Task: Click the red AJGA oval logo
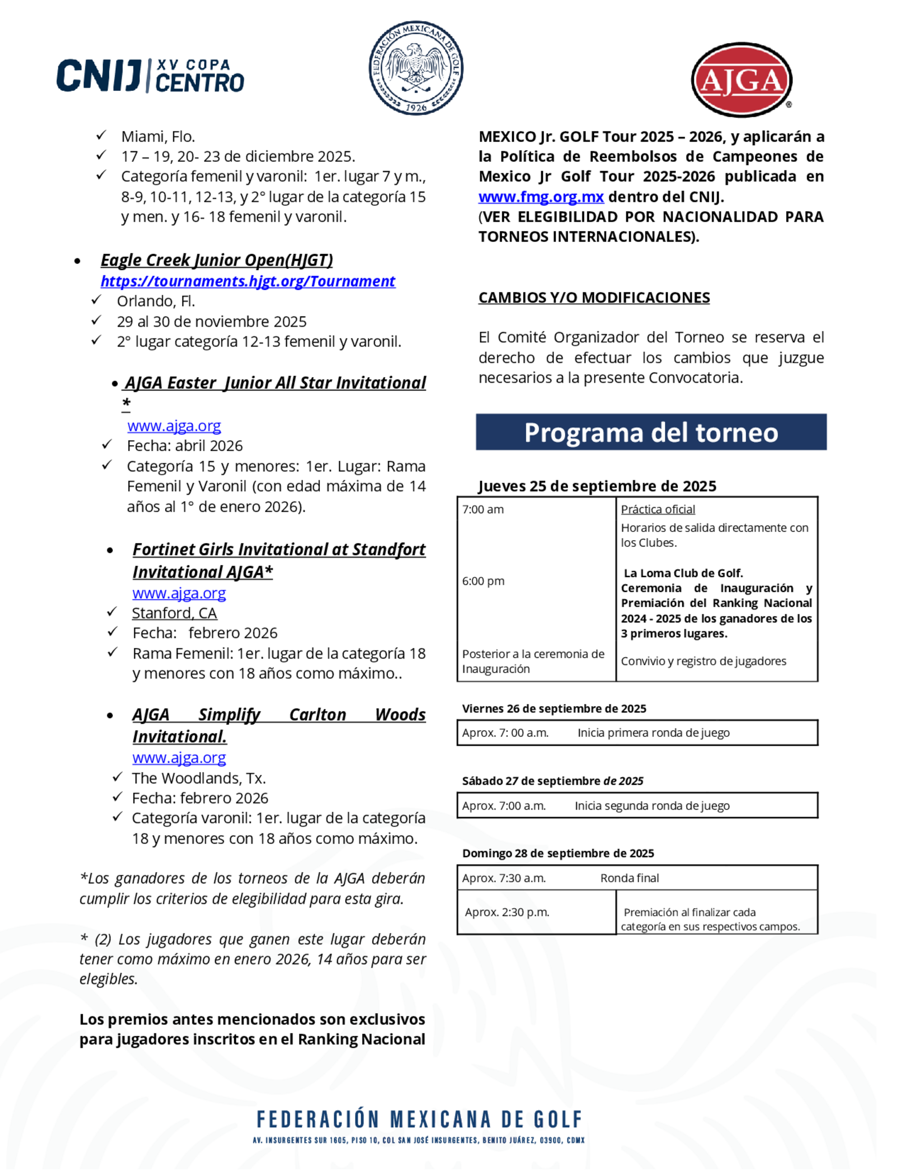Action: point(741,80)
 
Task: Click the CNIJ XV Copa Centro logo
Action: point(151,75)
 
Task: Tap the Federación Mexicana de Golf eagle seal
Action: point(415,68)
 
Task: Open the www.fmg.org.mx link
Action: point(541,197)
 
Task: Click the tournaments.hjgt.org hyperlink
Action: point(248,281)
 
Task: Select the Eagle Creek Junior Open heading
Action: point(217,260)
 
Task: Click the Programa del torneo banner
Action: point(651,432)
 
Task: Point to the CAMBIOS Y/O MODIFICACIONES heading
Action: point(594,298)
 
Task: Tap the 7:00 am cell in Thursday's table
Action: point(483,510)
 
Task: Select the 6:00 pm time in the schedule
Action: point(483,581)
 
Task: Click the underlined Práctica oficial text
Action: point(658,510)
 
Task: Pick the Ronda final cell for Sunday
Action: point(629,878)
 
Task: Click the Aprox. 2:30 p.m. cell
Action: point(507,912)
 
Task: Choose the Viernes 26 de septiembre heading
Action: point(554,709)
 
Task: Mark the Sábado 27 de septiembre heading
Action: point(552,781)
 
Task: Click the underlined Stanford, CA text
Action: point(174,613)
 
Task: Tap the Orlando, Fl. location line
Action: point(156,302)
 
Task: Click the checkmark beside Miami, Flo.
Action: point(101,136)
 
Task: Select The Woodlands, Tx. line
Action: point(199,778)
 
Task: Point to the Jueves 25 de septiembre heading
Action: point(597,486)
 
